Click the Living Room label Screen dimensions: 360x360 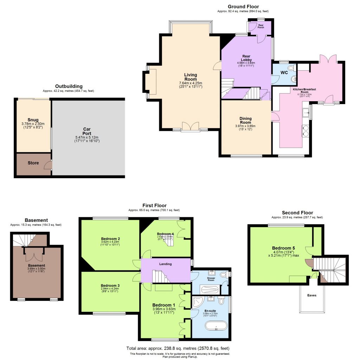point(191,77)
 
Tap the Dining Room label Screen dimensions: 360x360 point(245,121)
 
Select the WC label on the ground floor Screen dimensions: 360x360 point(284,73)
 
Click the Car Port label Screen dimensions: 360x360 point(87,131)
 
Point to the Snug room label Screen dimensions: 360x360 point(33,120)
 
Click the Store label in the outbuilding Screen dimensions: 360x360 point(33,163)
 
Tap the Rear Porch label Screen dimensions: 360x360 point(261,26)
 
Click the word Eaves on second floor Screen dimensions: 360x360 point(312,295)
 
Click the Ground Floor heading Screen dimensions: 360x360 point(243,6)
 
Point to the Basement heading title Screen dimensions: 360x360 point(36,220)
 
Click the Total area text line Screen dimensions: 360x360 point(180,348)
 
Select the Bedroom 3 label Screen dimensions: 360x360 point(110,285)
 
